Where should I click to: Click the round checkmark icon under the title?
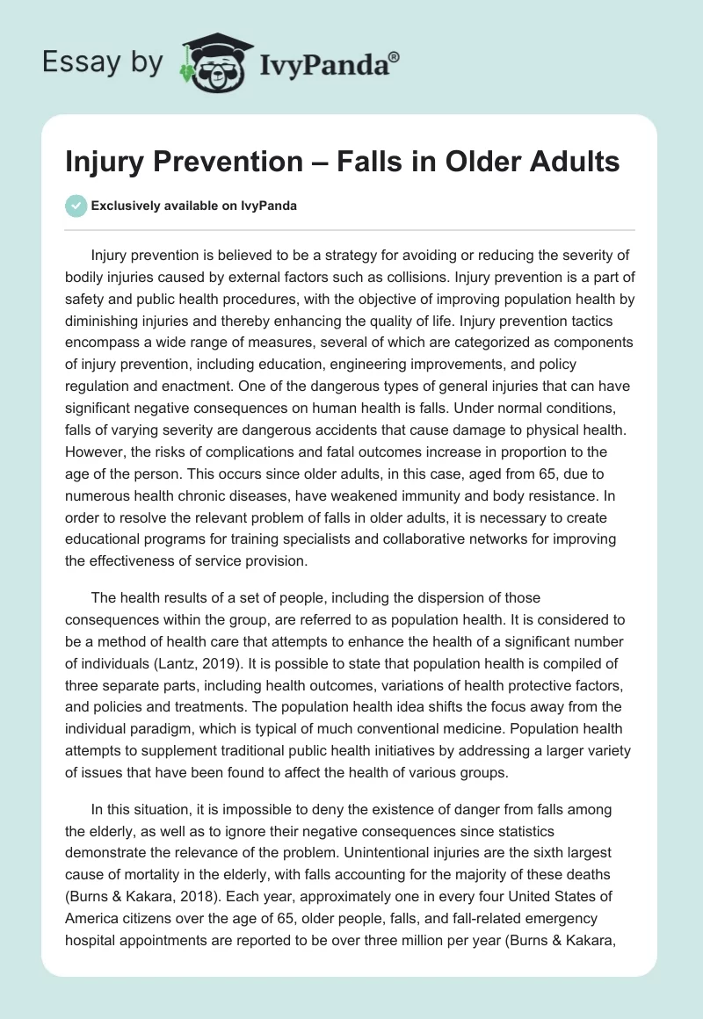(x=76, y=206)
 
